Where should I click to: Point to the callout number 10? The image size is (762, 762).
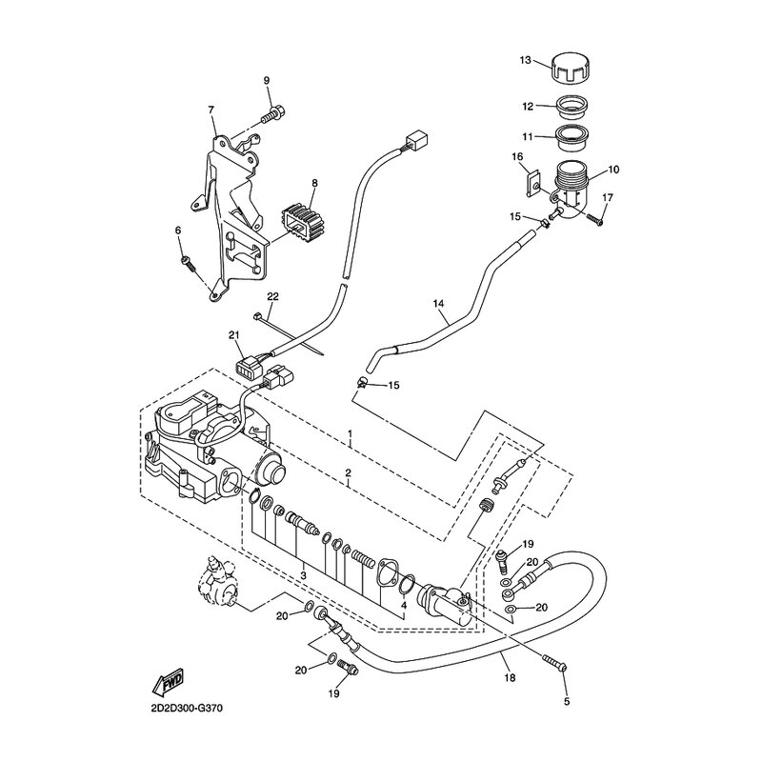click(x=612, y=170)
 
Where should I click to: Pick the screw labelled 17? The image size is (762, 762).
click(x=596, y=219)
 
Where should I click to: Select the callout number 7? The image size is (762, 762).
click(x=211, y=110)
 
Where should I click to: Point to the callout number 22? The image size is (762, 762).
click(x=272, y=296)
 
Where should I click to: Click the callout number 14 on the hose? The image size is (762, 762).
click(x=439, y=306)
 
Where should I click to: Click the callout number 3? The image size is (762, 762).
click(x=303, y=576)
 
